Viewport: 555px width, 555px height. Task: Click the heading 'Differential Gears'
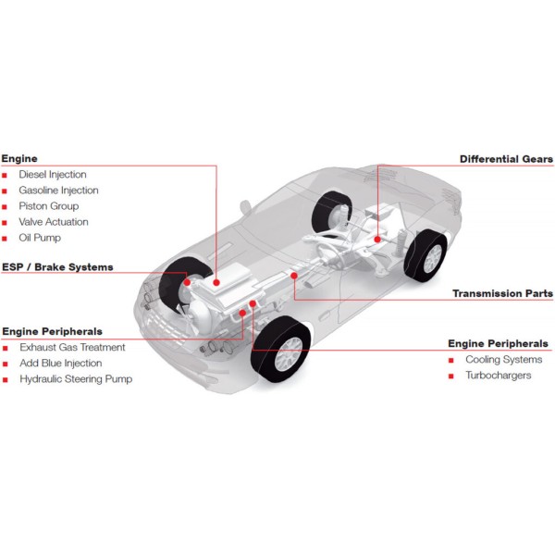click(506, 159)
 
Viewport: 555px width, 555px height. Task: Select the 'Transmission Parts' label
click(502, 293)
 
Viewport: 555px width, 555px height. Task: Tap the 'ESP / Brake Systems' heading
click(57, 267)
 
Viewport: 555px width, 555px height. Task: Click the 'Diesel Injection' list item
click(53, 174)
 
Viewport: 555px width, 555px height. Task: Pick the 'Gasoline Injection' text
click(58, 190)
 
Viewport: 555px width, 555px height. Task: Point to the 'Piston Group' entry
click(48, 206)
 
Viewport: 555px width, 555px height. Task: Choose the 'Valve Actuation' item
click(54, 222)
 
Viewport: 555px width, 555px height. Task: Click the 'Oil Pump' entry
click(40, 238)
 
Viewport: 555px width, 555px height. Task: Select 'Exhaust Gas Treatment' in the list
click(72, 347)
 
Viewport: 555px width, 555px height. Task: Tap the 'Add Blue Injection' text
click(60, 364)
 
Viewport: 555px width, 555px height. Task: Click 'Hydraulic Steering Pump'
click(76, 379)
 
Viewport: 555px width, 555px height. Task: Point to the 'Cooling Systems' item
click(504, 359)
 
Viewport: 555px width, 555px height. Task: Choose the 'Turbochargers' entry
click(498, 376)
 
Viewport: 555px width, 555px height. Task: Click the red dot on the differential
click(377, 240)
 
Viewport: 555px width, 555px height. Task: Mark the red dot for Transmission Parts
click(294, 276)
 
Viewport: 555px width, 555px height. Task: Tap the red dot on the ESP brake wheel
click(187, 282)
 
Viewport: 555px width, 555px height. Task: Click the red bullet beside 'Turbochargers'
click(451, 376)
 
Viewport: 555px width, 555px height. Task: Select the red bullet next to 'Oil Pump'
click(5, 239)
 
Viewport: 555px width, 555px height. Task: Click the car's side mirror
click(245, 206)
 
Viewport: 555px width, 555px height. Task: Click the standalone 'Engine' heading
click(19, 158)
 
